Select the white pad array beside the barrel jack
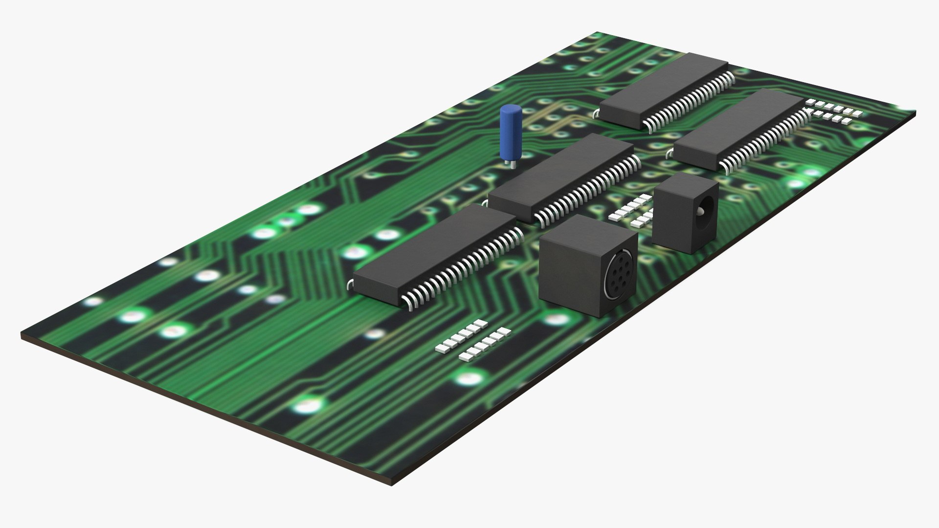633,211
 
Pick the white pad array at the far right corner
834,110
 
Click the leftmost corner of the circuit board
23,336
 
